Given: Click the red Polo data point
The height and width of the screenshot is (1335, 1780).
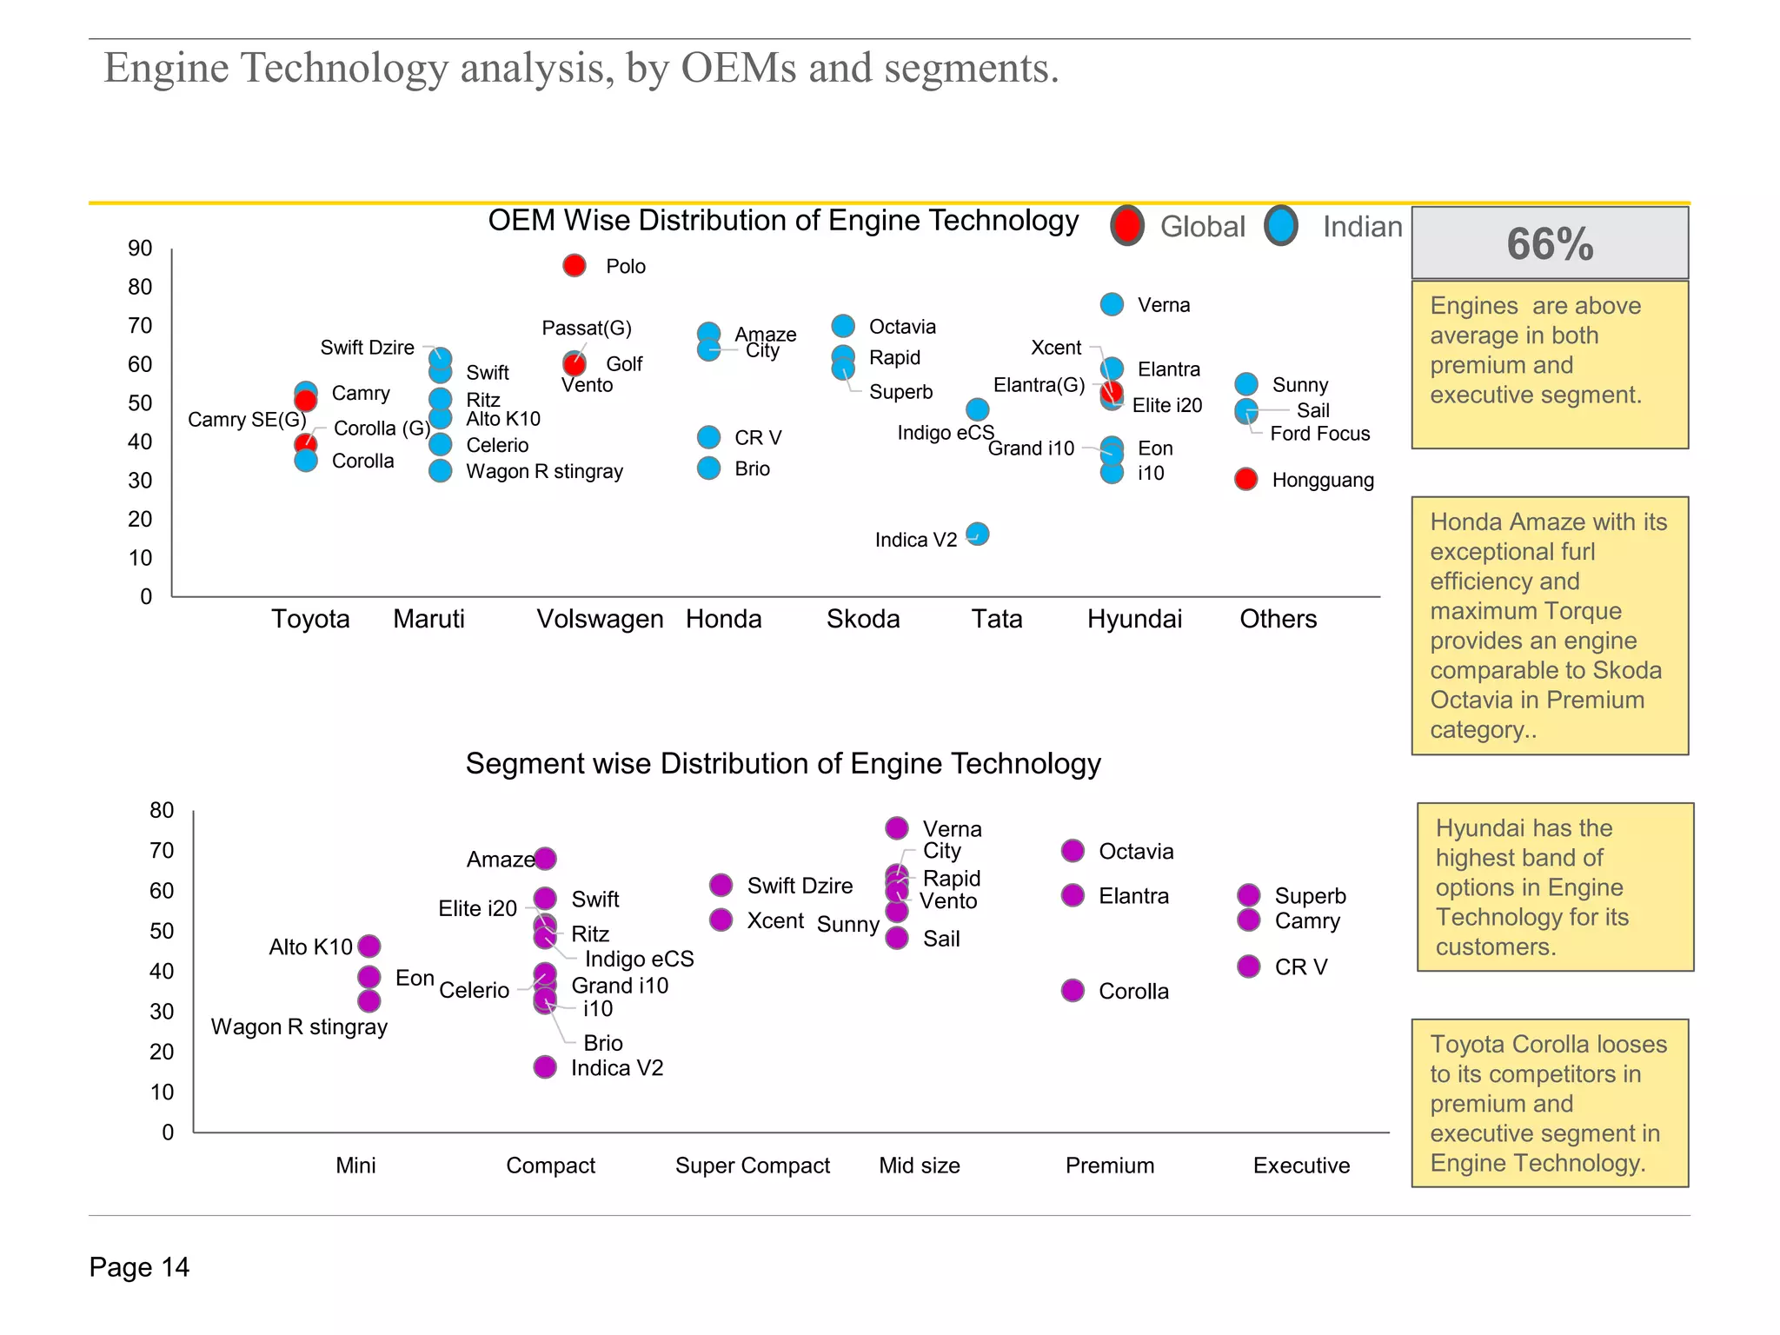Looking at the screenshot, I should [574, 265].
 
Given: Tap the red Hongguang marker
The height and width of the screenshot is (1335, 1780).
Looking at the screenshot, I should [1245, 479].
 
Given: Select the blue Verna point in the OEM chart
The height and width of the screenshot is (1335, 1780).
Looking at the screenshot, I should [1112, 304].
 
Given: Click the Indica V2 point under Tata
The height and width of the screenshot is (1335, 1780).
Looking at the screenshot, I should [977, 534].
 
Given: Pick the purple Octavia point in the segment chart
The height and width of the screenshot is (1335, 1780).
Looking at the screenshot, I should [1073, 851].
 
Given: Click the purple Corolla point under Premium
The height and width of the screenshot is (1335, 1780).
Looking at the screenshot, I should [1073, 991].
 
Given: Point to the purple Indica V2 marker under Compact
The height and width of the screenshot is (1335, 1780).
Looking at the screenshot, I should [545, 1067].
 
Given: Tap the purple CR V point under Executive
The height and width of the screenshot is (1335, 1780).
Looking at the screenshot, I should [1249, 966].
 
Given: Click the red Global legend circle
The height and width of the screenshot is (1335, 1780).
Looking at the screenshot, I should [1127, 226].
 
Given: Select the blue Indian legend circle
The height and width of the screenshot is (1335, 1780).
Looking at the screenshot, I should [1281, 226].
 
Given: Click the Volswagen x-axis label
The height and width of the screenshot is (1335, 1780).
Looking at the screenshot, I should [600, 619].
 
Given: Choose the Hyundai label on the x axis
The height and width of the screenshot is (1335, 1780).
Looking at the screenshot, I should [1134, 619].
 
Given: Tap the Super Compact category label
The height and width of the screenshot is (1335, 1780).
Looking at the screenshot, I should [753, 1166].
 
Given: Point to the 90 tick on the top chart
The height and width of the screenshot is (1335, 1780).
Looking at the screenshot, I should [140, 249].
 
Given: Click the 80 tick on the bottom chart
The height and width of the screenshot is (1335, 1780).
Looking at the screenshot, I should [162, 810].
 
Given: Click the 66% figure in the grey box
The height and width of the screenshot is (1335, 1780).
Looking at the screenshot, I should [1550, 243].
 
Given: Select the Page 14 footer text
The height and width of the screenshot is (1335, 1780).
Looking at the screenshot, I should [139, 1267].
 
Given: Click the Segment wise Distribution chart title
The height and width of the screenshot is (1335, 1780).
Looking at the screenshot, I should [783, 763].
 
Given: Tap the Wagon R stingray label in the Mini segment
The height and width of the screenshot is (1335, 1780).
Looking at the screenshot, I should [299, 1027].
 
